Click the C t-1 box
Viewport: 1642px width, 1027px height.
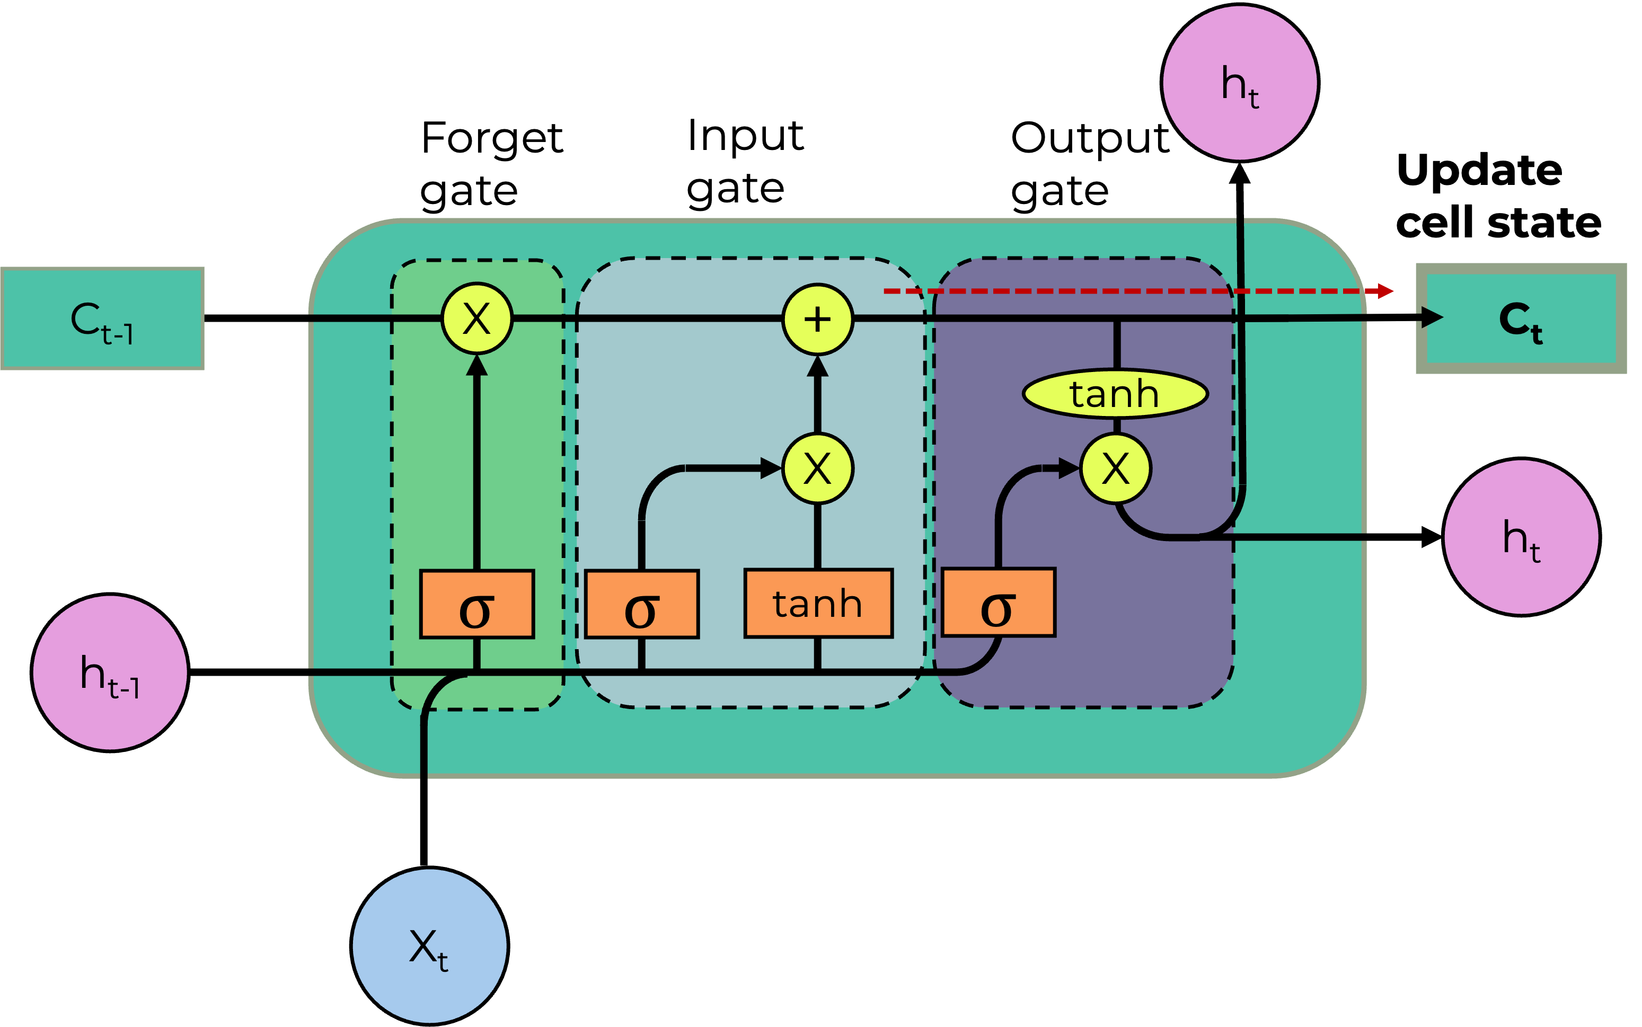(102, 318)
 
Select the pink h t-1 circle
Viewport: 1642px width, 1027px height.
(110, 672)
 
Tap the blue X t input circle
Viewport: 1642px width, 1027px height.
(429, 945)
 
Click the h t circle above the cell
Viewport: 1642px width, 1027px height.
(1240, 83)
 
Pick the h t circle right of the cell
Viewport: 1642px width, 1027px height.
(1521, 537)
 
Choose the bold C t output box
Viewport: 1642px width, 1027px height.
(1521, 318)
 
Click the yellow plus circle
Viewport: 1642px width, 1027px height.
(817, 319)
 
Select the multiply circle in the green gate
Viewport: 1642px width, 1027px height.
(477, 318)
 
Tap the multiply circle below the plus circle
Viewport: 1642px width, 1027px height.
(817, 468)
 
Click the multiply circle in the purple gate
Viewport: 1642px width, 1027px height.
(1116, 468)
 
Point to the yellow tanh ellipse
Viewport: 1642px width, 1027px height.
(1115, 394)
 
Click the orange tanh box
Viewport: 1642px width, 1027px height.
(818, 604)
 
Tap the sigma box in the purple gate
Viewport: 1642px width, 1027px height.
(998, 603)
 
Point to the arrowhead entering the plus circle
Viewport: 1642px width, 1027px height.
(817, 367)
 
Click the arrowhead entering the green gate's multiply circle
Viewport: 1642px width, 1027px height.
(477, 366)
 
